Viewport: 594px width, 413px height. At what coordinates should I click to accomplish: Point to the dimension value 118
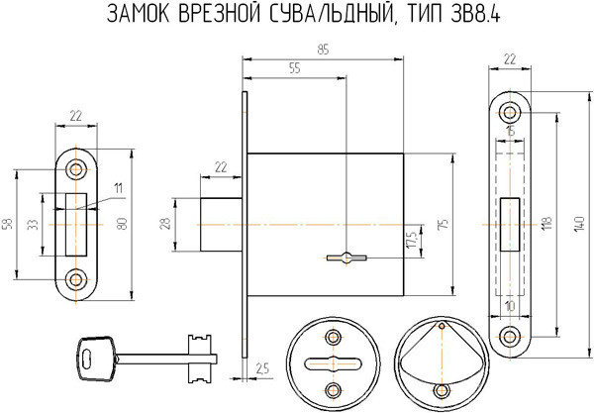(545, 225)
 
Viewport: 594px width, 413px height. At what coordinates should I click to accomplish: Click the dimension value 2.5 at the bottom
(262, 368)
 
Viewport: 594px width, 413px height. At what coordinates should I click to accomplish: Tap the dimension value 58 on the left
(7, 225)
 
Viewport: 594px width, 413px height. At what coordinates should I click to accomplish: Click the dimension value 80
(123, 225)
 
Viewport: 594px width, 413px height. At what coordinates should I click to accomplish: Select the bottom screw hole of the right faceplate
(510, 338)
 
